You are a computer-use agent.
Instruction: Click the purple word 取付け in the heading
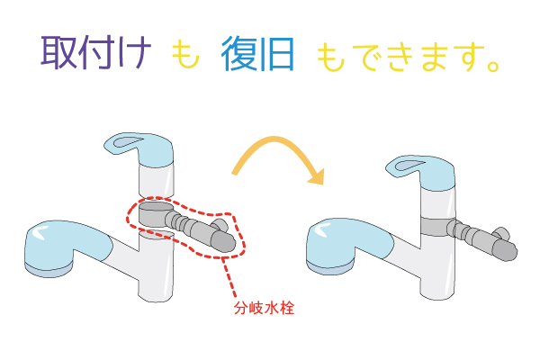[96, 53]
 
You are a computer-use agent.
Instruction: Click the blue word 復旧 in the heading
[257, 54]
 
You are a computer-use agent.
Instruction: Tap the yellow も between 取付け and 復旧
[184, 54]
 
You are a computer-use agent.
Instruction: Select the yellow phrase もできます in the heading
[400, 57]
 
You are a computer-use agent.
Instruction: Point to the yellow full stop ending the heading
[493, 66]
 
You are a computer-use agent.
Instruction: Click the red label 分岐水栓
[264, 308]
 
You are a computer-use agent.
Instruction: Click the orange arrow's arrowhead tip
[322, 184]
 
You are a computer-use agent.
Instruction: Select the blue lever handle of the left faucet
[139, 149]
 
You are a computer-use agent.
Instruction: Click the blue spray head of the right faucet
[349, 246]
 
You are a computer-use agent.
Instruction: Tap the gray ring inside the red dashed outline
[156, 214]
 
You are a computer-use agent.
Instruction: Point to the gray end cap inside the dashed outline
[223, 241]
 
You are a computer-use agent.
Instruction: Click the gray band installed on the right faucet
[436, 227]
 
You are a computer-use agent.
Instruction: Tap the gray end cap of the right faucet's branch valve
[505, 250]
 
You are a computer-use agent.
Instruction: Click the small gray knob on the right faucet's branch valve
[501, 232]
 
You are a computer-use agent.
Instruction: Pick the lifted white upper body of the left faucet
[156, 180]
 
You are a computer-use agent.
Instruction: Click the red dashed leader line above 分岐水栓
[229, 278]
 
